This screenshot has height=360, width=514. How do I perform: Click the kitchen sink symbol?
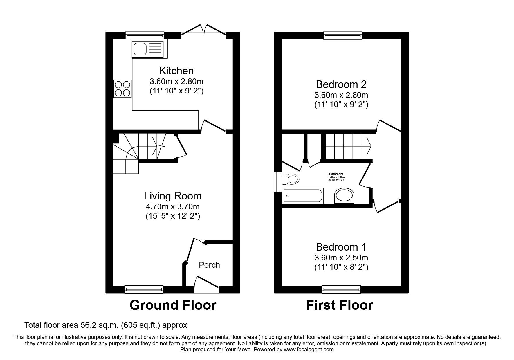coord(147,49)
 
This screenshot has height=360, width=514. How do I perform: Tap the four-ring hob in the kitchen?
coord(122,89)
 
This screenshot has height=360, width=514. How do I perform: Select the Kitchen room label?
coord(176,71)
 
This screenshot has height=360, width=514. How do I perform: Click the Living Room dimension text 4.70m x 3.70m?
coord(172,207)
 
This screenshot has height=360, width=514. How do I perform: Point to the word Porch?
coord(209,265)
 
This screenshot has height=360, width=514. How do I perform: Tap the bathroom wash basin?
coord(345,196)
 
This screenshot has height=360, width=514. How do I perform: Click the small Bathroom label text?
coord(336,174)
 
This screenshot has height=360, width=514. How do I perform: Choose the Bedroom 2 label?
coord(341,84)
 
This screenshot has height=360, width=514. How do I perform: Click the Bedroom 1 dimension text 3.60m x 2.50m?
coord(341,258)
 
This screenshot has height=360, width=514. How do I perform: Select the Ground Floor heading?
coord(173,305)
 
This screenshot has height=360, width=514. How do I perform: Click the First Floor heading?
coord(339,305)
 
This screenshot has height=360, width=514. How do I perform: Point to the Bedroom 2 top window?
coord(343,35)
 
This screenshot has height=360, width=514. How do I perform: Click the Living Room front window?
coord(144,289)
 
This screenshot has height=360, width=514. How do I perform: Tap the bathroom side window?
coord(278,182)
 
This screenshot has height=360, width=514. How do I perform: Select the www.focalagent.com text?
coord(309,350)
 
